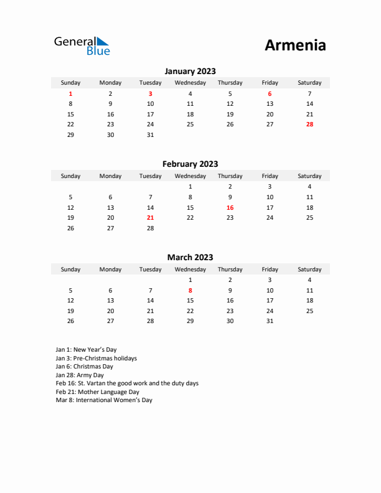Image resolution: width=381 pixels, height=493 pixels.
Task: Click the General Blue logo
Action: click(82, 45)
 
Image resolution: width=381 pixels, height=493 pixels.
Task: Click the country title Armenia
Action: click(295, 45)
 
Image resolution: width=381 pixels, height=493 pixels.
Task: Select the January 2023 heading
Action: click(190, 72)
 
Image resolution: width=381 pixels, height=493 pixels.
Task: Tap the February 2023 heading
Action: click(190, 164)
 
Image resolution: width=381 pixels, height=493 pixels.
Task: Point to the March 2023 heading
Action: click(190, 257)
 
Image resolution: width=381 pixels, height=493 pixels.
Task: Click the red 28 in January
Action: click(309, 124)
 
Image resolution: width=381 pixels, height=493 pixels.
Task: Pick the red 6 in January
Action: click(270, 93)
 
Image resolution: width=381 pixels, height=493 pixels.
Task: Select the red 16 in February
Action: click(230, 207)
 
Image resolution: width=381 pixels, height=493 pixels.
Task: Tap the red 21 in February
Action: click(150, 218)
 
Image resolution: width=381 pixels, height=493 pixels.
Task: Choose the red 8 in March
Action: click(190, 290)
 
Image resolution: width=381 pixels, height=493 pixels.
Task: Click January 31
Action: click(150, 135)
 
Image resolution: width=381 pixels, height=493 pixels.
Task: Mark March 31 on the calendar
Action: click(270, 321)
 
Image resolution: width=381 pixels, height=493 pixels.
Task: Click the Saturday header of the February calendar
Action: click(309, 176)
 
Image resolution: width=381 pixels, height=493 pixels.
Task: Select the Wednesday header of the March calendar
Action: click(190, 270)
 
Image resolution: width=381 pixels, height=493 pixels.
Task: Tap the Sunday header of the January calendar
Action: click(70, 83)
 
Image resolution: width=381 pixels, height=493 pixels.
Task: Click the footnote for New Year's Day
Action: click(86, 350)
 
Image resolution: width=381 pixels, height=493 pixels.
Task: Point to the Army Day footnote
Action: click(80, 375)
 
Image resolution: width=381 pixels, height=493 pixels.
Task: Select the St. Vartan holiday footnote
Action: click(127, 383)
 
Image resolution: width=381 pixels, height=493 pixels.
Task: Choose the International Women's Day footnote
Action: click(104, 400)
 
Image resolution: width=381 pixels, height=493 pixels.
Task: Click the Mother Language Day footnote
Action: click(97, 392)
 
